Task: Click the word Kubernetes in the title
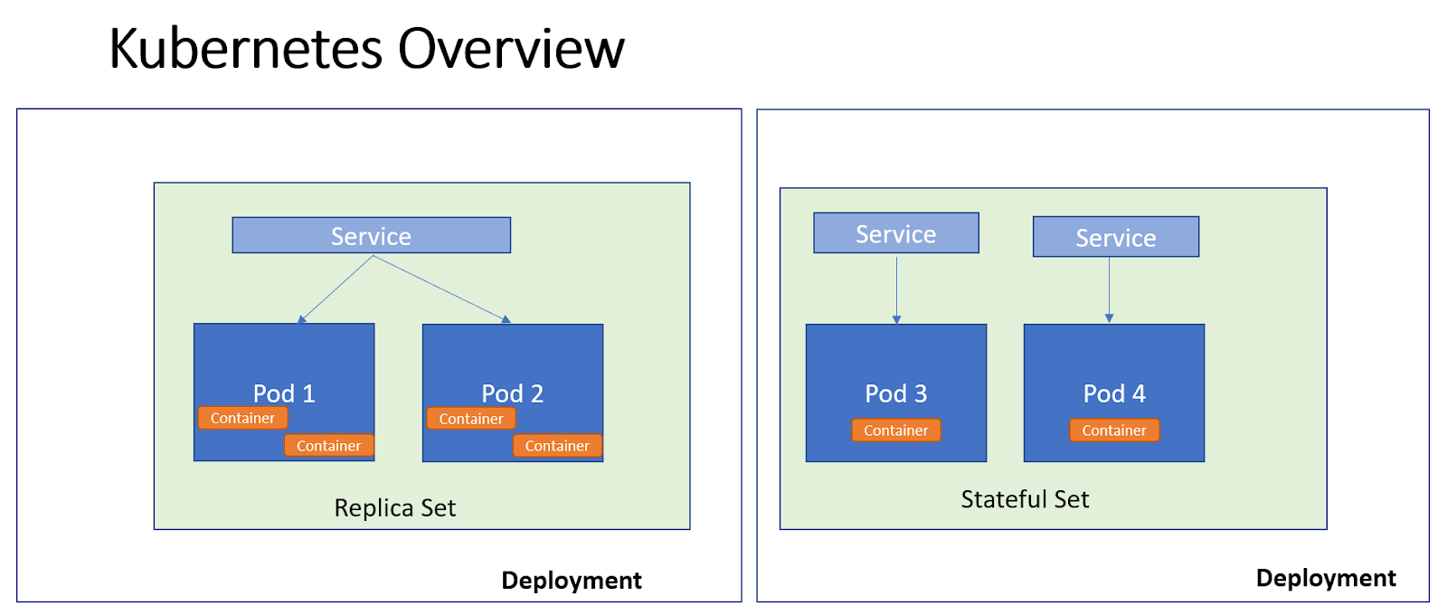(x=248, y=49)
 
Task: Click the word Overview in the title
(x=511, y=49)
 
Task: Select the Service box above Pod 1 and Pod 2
(x=371, y=235)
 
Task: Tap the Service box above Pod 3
(x=895, y=233)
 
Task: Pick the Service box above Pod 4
(x=1115, y=237)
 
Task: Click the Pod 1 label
(x=284, y=393)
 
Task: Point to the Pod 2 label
(x=512, y=393)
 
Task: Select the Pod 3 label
(x=895, y=393)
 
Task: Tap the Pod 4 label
(x=1114, y=393)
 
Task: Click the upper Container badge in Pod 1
(x=242, y=418)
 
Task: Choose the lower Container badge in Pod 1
(x=328, y=446)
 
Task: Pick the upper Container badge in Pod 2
(x=471, y=419)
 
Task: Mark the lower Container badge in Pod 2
(x=557, y=446)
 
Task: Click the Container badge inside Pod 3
(x=895, y=430)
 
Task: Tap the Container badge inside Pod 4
(x=1114, y=430)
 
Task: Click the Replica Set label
(x=395, y=507)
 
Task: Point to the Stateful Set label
(x=1025, y=499)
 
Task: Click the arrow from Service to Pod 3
(x=896, y=289)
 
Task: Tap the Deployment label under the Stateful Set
(x=1325, y=578)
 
